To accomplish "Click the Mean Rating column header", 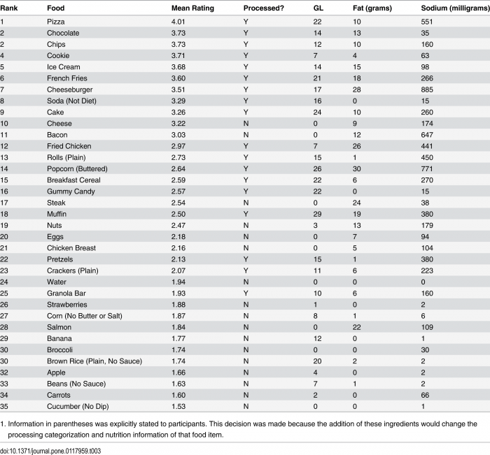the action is coord(192,8).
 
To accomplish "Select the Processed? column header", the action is coord(263,8).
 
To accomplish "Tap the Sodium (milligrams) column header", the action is coord(455,8).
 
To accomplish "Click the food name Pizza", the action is coord(55,22).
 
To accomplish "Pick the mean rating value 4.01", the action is coord(178,22).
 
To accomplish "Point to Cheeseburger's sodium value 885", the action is coord(427,90).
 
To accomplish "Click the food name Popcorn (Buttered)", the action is coord(77,169).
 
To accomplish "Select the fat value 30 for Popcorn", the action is coord(356,169).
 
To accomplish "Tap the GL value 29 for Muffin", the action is coord(317,214).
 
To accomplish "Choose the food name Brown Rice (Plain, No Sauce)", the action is coord(94,361).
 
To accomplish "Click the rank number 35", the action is coord(4,406).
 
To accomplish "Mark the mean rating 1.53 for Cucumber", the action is coord(178,406).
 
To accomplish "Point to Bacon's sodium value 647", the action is coord(427,135).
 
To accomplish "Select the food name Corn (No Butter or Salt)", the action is coord(85,316).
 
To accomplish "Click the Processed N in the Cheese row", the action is coord(246,124).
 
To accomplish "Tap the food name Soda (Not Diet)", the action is coord(71,101).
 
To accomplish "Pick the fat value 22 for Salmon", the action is coord(356,327).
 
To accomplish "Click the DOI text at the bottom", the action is coord(50,451).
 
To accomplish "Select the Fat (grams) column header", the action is coord(372,8).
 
